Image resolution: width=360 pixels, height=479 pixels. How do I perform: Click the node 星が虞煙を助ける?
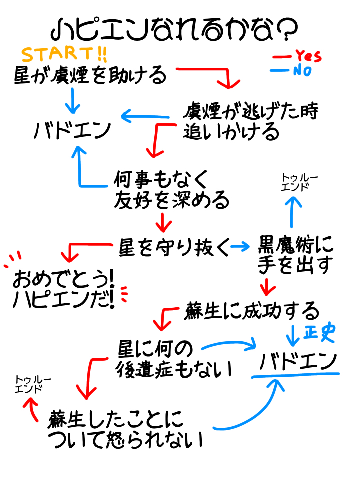point(89,75)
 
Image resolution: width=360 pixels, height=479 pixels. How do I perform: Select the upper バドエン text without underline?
point(73,131)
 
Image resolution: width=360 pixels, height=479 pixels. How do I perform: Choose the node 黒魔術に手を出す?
point(294,255)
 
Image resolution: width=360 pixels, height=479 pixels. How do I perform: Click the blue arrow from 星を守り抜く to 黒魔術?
point(240,246)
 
